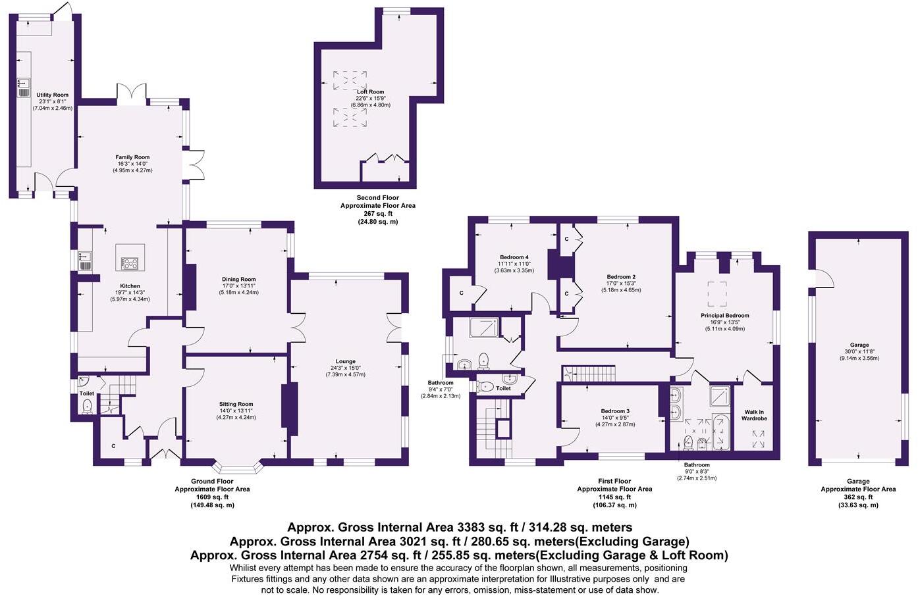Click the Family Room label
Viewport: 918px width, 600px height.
[132, 157]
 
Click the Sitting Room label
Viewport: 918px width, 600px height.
[236, 404]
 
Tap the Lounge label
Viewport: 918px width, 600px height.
[345, 361]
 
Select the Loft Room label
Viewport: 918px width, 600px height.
[370, 92]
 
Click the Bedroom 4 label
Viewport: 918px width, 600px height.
[514, 257]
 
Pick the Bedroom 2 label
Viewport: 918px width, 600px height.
[621, 276]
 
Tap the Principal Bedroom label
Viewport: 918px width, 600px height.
[724, 315]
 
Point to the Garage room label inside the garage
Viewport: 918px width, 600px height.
[859, 345]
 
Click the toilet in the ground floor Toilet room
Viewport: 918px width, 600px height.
[87, 407]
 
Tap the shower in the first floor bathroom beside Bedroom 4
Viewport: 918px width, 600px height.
[484, 328]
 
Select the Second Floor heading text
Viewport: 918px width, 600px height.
[377, 197]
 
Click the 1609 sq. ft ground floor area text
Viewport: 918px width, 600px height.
[211, 497]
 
